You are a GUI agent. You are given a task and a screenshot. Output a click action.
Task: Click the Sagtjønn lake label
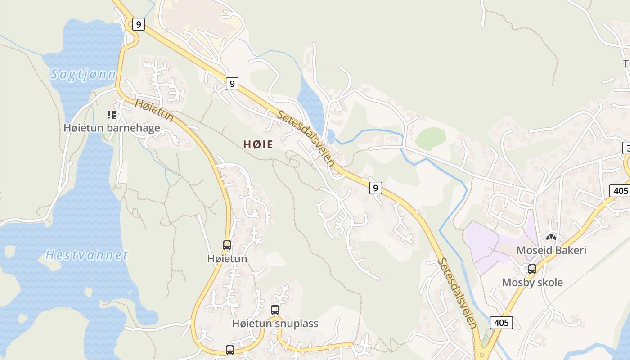[x=83, y=74]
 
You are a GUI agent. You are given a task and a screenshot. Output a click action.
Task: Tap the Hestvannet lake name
[x=87, y=255]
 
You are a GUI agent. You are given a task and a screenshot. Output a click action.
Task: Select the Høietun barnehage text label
[x=112, y=128]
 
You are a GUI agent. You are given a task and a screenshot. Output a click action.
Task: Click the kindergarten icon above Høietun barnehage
[x=111, y=115]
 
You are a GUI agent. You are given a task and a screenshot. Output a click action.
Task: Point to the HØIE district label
[x=258, y=144]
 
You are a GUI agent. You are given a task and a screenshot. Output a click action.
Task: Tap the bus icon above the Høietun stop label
[x=227, y=245]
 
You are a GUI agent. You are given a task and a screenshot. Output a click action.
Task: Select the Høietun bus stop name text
[x=227, y=259]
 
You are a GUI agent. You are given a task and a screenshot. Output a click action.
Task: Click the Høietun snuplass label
[x=275, y=324]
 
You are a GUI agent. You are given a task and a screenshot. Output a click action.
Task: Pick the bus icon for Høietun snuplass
[x=275, y=310]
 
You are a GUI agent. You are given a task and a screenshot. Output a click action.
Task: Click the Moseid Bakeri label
[x=551, y=250]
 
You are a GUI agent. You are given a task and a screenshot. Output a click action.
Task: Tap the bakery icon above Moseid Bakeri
[x=551, y=237]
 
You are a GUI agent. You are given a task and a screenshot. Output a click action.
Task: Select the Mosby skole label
[x=532, y=283]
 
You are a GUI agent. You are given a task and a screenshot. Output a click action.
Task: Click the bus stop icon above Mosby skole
[x=532, y=269]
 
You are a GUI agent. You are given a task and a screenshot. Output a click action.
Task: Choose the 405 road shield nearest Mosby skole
[x=501, y=322]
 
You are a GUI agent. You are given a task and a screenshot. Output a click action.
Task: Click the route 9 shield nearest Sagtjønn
[x=139, y=24]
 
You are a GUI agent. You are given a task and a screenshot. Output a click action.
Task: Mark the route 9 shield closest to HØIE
[x=232, y=83]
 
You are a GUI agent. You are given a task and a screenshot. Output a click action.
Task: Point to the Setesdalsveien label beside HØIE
[x=306, y=139]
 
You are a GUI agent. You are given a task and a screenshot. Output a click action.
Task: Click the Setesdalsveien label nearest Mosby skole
[x=457, y=292]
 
